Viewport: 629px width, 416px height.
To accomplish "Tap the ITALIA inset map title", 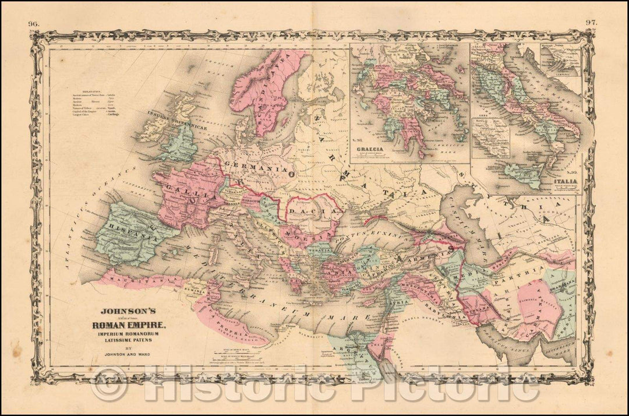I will tap(563, 182).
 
